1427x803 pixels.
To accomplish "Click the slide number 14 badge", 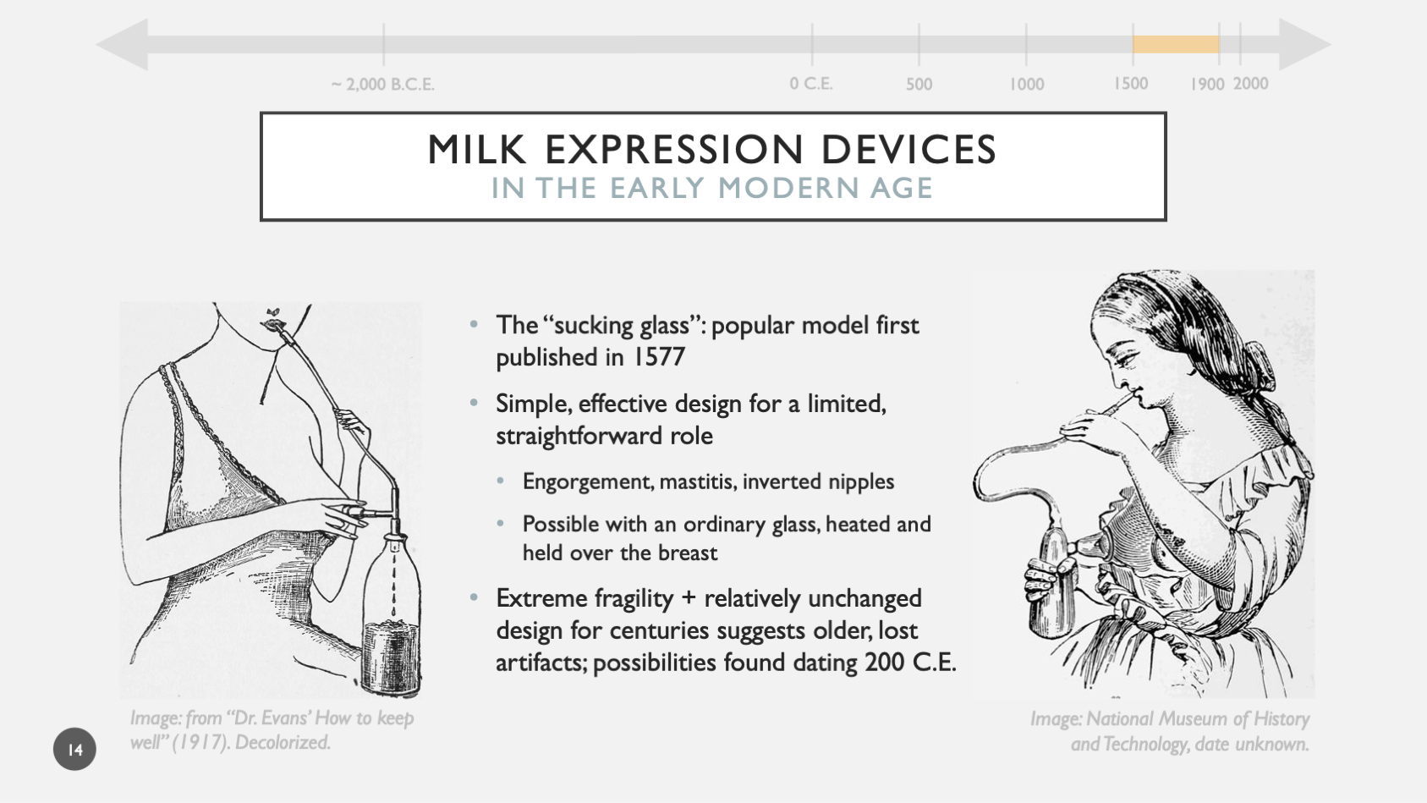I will pos(74,749).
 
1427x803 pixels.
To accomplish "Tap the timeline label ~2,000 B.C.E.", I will pos(383,85).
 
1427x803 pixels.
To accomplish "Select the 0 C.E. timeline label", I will pos(811,84).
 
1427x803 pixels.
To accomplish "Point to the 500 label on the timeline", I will pos(919,85).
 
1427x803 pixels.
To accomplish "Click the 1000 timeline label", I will pos(1027,85).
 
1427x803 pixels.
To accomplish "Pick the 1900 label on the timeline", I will pos(1207,85).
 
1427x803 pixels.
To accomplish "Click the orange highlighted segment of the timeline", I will pos(1176,45).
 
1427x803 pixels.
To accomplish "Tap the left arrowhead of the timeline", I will pos(123,45).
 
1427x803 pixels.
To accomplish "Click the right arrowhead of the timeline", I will pos(1304,45).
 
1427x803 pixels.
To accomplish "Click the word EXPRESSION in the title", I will pos(673,150).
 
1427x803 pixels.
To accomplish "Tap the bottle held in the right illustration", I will pos(1051,588).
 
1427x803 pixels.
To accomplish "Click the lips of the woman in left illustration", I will pos(273,323).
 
